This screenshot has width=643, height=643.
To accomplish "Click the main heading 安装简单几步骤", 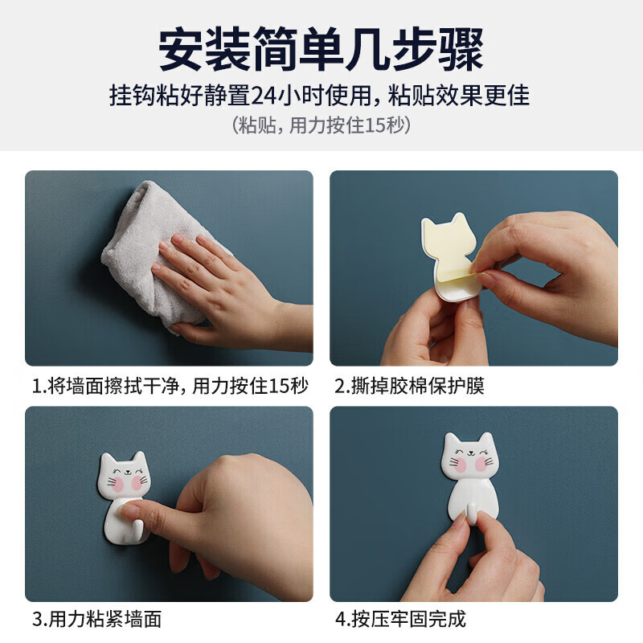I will tap(321, 50).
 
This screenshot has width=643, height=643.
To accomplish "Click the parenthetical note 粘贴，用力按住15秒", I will tap(321, 125).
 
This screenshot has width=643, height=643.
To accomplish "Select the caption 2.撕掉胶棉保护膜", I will tap(409, 386).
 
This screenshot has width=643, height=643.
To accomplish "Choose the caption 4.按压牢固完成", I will tap(399, 619).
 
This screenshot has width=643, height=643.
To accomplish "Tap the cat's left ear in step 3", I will tap(108, 461).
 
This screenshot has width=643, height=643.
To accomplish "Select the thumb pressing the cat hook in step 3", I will tap(186, 492).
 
